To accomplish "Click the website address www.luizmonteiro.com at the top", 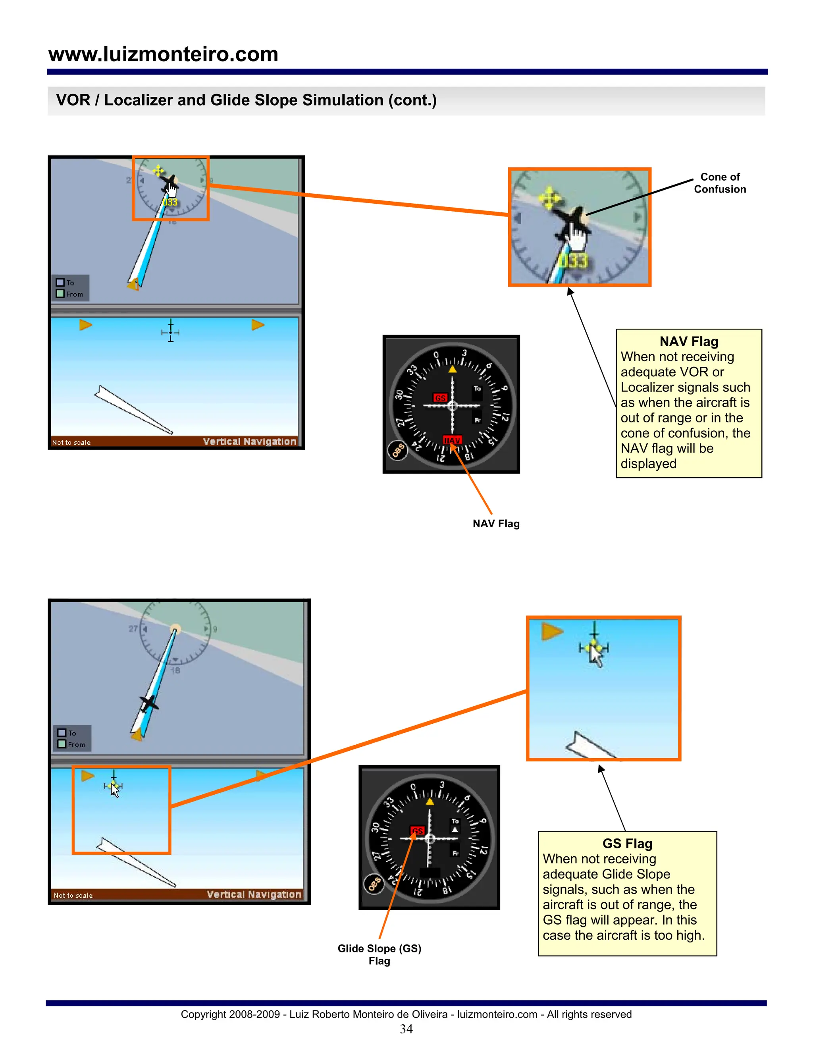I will click(x=163, y=54).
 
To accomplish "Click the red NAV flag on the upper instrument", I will click(x=452, y=440).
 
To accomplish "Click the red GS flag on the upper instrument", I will click(x=440, y=398).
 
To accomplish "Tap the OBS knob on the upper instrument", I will click(x=397, y=451).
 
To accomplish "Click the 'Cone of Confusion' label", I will click(x=720, y=183).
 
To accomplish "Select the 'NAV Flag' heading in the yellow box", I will click(x=688, y=341).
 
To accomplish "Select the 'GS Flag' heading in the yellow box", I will click(x=627, y=844).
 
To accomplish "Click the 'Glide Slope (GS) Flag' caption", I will click(x=380, y=954).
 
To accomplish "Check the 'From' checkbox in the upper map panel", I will click(x=60, y=293).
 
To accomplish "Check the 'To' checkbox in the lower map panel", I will click(x=62, y=733).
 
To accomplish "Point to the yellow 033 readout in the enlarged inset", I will click(x=573, y=261).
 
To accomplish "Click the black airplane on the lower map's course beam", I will click(x=148, y=704).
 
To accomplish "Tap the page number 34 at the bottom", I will click(x=406, y=1029).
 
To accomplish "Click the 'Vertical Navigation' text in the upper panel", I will click(x=249, y=441).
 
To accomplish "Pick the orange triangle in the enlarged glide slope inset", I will click(x=551, y=631).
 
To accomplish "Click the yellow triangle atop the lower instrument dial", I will click(x=430, y=802).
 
